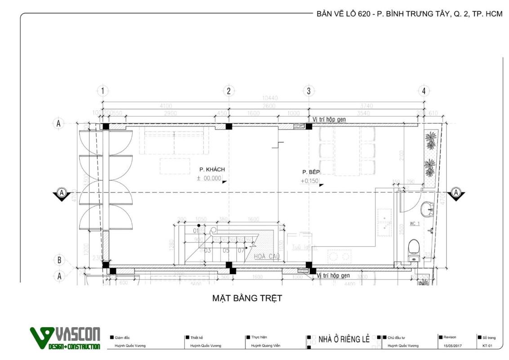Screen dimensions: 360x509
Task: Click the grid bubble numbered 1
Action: pyautogui.click(x=103, y=91)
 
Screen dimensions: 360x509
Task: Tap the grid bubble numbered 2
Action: pyautogui.click(x=228, y=91)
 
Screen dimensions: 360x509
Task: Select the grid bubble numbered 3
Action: pyautogui.click(x=308, y=91)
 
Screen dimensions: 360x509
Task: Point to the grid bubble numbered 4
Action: pyautogui.click(x=424, y=91)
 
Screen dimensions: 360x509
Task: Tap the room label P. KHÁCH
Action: pyautogui.click(x=212, y=170)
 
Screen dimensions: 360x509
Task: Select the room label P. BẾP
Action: pyautogui.click(x=311, y=172)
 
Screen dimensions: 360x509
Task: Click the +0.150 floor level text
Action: pyautogui.click(x=309, y=181)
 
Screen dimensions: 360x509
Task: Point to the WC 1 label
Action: pyautogui.click(x=415, y=224)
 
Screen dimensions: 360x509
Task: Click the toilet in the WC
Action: pyautogui.click(x=414, y=250)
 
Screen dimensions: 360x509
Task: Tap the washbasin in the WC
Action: pyautogui.click(x=428, y=209)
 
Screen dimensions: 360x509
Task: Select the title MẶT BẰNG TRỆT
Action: pyautogui.click(x=247, y=298)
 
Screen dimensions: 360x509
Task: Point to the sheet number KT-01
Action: pyautogui.click(x=487, y=346)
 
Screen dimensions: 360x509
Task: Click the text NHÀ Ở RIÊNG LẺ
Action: pyautogui.click(x=344, y=339)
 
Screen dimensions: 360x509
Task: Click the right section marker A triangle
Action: pyautogui.click(x=456, y=193)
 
